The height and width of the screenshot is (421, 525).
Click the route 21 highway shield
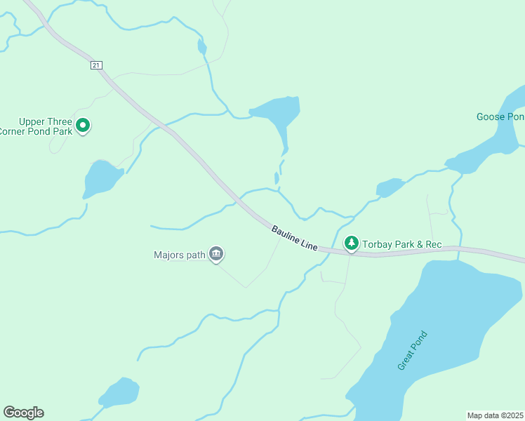[97, 65]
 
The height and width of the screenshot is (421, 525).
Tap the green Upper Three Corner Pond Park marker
[83, 126]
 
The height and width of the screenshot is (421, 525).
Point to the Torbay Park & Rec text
[401, 244]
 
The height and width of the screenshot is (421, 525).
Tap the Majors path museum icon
[216, 255]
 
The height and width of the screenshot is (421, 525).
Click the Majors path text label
[179, 255]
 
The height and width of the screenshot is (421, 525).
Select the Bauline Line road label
[295, 239]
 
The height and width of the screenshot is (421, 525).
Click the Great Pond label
[412, 351]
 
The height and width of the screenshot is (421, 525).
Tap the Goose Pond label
[500, 116]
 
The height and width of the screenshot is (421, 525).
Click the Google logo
[23, 413]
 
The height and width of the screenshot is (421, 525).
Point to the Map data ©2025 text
[494, 415]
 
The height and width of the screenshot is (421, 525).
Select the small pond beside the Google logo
[119, 393]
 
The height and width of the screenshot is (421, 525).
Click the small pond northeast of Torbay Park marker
[390, 187]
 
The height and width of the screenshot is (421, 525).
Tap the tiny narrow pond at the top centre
[202, 47]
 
